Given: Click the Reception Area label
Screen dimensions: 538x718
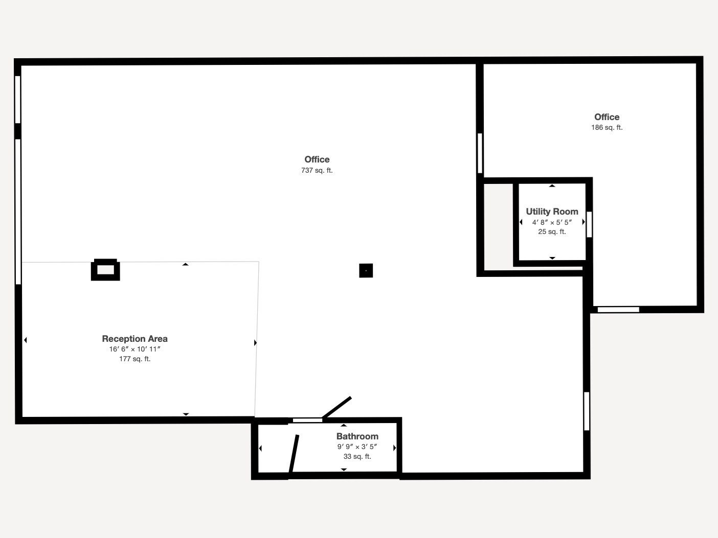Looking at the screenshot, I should click(134, 339).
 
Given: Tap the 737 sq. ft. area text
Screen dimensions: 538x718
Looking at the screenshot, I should click(317, 171).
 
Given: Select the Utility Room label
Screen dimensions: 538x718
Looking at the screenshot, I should click(552, 212).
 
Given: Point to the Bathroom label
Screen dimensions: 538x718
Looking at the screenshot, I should click(357, 436).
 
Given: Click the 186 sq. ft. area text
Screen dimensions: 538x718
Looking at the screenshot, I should click(607, 128).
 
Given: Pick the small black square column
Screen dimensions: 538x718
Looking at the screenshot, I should click(366, 271).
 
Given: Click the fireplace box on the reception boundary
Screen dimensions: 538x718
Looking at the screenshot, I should click(105, 270).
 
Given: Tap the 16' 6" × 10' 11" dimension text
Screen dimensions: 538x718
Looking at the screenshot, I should click(134, 349).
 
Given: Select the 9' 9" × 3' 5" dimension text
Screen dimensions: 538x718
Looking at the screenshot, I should click(357, 447).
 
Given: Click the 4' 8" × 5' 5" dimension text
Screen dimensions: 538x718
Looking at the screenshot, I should click(552, 222).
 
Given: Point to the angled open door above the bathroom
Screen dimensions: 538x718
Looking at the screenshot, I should click(337, 407).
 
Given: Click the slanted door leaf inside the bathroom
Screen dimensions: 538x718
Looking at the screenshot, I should click(294, 454).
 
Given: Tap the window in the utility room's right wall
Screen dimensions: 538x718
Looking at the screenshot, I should click(589, 224).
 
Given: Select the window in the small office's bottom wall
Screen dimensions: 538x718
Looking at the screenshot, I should click(618, 310).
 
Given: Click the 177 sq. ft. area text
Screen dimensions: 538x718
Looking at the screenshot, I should click(134, 359).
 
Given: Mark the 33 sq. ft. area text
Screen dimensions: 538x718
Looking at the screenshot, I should click(357, 457).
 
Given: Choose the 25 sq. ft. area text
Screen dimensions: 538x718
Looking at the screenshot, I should click(552, 232).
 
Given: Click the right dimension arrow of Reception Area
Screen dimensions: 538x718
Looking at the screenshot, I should click(255, 343).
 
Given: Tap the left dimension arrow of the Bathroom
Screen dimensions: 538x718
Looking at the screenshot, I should click(261, 449).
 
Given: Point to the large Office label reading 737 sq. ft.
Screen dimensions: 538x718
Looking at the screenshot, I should click(317, 159).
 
